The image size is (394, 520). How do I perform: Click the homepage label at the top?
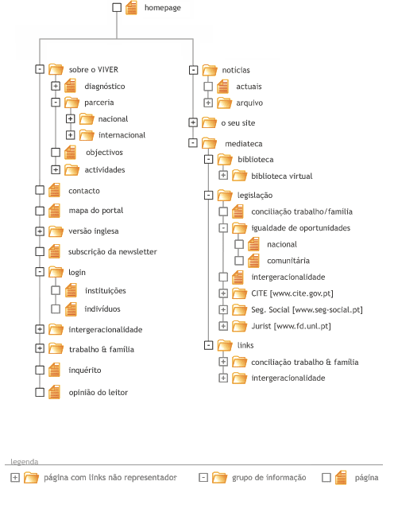coord(162,8)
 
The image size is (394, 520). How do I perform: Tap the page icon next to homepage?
coord(131,8)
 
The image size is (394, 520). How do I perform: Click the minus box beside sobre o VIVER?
coord(40,69)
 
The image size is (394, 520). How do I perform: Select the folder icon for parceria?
coord(71,103)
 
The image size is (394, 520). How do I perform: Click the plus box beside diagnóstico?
coord(56,86)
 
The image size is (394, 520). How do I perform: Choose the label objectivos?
coord(104,153)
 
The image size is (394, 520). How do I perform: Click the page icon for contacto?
coord(54,190)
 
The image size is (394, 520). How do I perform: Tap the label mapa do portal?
coord(96,211)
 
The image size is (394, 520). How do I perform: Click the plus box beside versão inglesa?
coord(40,231)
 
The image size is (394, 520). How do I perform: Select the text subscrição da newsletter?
coord(113,252)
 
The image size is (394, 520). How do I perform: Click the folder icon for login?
coord(56,272)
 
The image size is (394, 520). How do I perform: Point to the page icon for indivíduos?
coord(71,309)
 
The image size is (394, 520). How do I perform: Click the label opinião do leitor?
coord(98,393)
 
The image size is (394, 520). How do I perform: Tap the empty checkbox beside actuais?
coord(208,87)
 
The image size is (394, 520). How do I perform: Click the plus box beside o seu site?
coord(193,122)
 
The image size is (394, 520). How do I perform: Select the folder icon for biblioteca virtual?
coord(240,176)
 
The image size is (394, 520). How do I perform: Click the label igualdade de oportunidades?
coord(300,228)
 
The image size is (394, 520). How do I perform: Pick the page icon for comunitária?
coord(254,261)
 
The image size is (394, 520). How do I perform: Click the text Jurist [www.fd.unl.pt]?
coord(291,326)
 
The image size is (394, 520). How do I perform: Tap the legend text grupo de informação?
coord(268,478)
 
